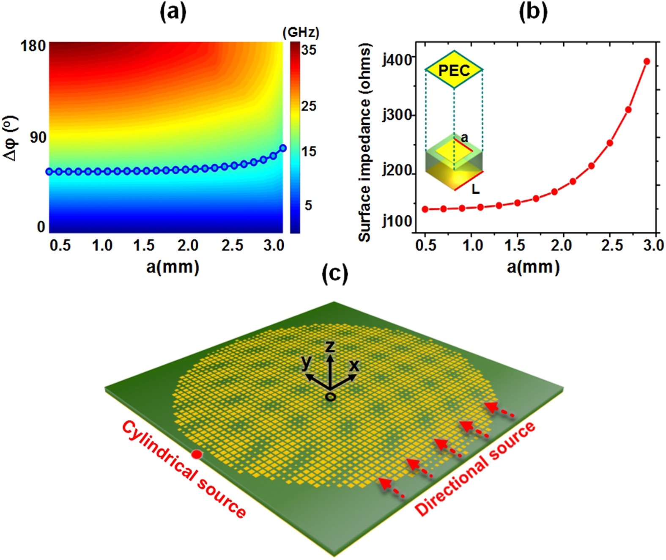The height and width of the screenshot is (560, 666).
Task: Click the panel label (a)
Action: [x=173, y=13]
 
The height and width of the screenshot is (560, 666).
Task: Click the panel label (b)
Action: [x=533, y=12]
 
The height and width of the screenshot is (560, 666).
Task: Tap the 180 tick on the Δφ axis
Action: [x=33, y=46]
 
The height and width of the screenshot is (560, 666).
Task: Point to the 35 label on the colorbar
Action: [x=308, y=50]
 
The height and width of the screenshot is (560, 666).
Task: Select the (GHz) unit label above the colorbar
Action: [x=301, y=33]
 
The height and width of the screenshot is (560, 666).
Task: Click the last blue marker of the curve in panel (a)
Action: [x=283, y=148]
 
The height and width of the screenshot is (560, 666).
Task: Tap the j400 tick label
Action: [x=397, y=60]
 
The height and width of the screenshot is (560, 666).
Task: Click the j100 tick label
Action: [x=397, y=221]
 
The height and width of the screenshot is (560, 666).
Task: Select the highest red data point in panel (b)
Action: [x=647, y=62]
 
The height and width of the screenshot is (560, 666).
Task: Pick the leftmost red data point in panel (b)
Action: [x=425, y=209]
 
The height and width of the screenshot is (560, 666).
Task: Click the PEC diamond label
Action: [x=454, y=70]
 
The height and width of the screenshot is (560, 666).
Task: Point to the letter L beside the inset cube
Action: [x=476, y=189]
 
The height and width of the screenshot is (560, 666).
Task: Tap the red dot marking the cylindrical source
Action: [x=197, y=454]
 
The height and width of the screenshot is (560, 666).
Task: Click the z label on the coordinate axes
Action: [x=330, y=347]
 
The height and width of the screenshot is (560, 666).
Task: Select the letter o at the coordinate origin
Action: [x=331, y=397]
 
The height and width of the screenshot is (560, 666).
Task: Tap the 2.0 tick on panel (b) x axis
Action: [x=561, y=245]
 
